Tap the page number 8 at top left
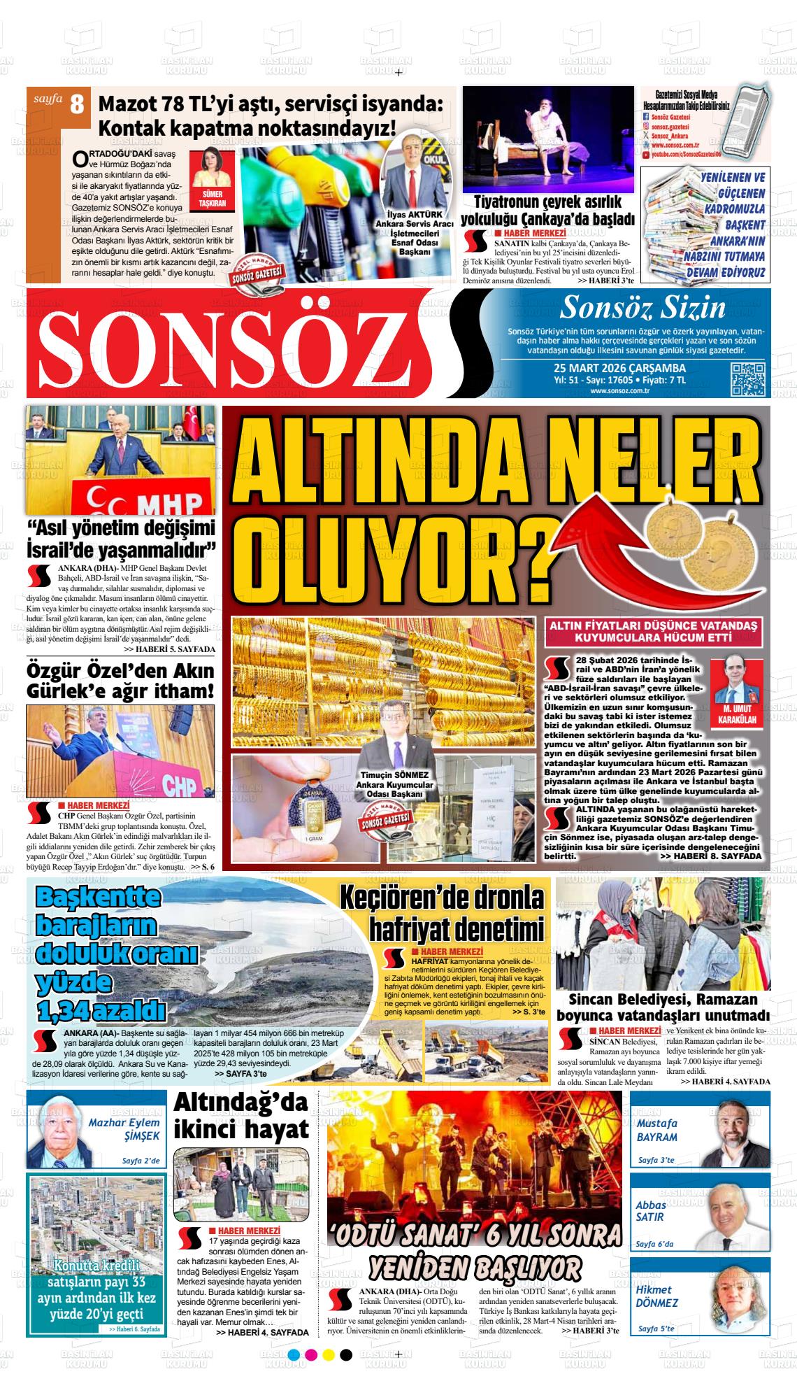[x=76, y=105]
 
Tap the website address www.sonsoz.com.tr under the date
[x=619, y=390]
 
